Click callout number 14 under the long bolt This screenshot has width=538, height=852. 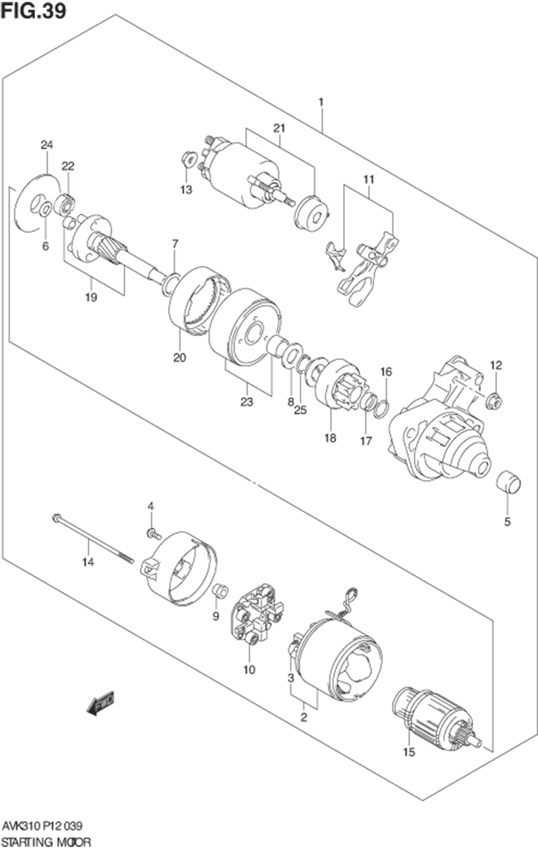(88, 562)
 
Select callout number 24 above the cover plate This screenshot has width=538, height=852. (47, 145)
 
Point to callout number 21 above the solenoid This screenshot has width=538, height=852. (279, 128)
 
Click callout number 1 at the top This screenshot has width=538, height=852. (321, 102)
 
